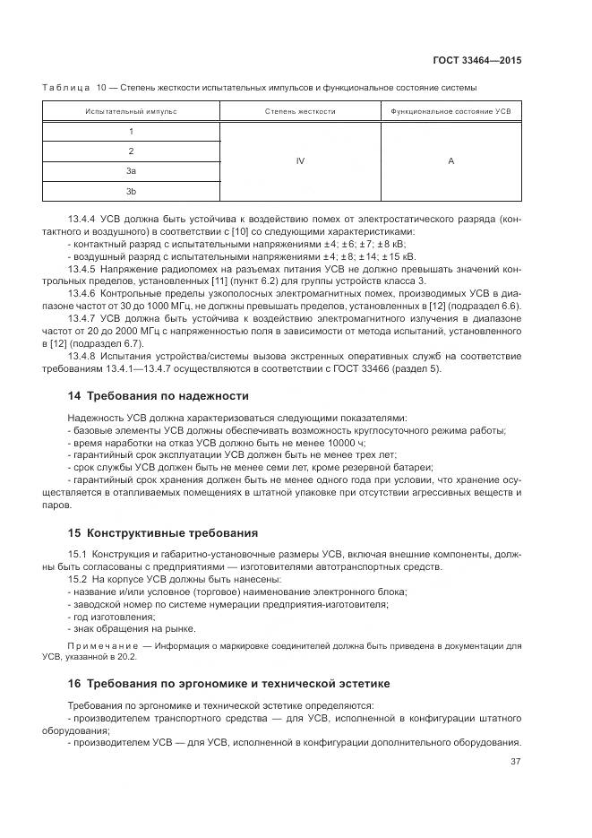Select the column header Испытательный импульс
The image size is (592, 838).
pos(131,112)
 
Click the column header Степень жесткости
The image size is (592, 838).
pos(300,112)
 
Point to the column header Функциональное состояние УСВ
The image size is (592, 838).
pos(450,112)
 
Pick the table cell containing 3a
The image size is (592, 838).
pos(131,170)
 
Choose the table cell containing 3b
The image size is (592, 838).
pos(131,191)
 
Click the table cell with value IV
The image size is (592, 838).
pos(300,161)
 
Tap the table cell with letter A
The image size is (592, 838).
pos(450,161)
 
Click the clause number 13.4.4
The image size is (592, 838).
pos(82,220)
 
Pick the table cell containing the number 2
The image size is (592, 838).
pos(131,151)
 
